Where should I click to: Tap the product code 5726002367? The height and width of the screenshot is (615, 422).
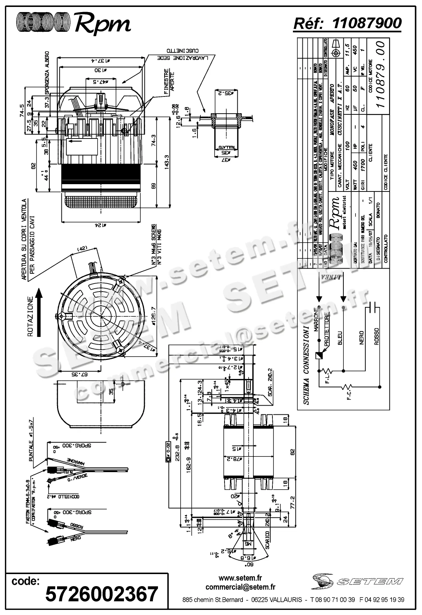point(102,593)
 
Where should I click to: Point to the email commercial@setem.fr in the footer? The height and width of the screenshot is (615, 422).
point(240,587)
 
